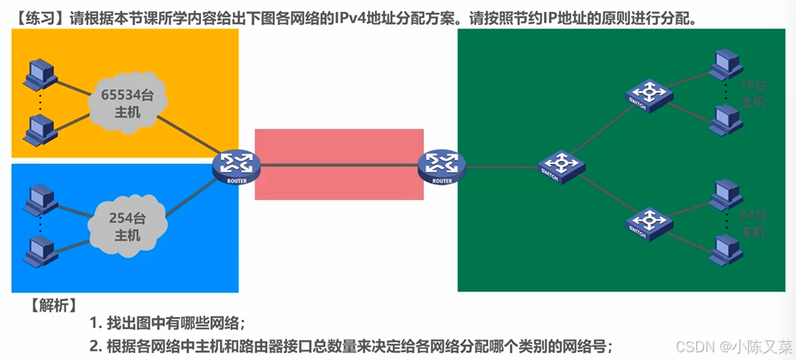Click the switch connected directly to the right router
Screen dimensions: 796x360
560,164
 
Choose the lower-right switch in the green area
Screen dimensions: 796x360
648,223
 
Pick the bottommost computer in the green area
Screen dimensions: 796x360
726,247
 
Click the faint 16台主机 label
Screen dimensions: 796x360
752,94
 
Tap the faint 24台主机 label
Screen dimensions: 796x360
752,224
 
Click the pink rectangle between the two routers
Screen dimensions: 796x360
339,164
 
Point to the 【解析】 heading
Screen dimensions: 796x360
54,305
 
